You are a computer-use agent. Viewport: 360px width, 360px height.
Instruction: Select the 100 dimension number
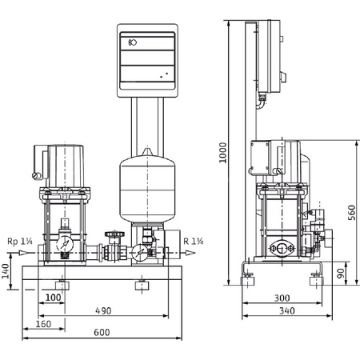click(54, 298)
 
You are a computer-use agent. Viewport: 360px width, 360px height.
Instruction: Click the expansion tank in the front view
click(146, 188)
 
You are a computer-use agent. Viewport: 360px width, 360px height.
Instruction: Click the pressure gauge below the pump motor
click(64, 239)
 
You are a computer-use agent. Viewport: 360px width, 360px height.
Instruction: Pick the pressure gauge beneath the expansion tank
click(138, 251)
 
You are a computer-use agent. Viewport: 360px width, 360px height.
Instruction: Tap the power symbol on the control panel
click(132, 43)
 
